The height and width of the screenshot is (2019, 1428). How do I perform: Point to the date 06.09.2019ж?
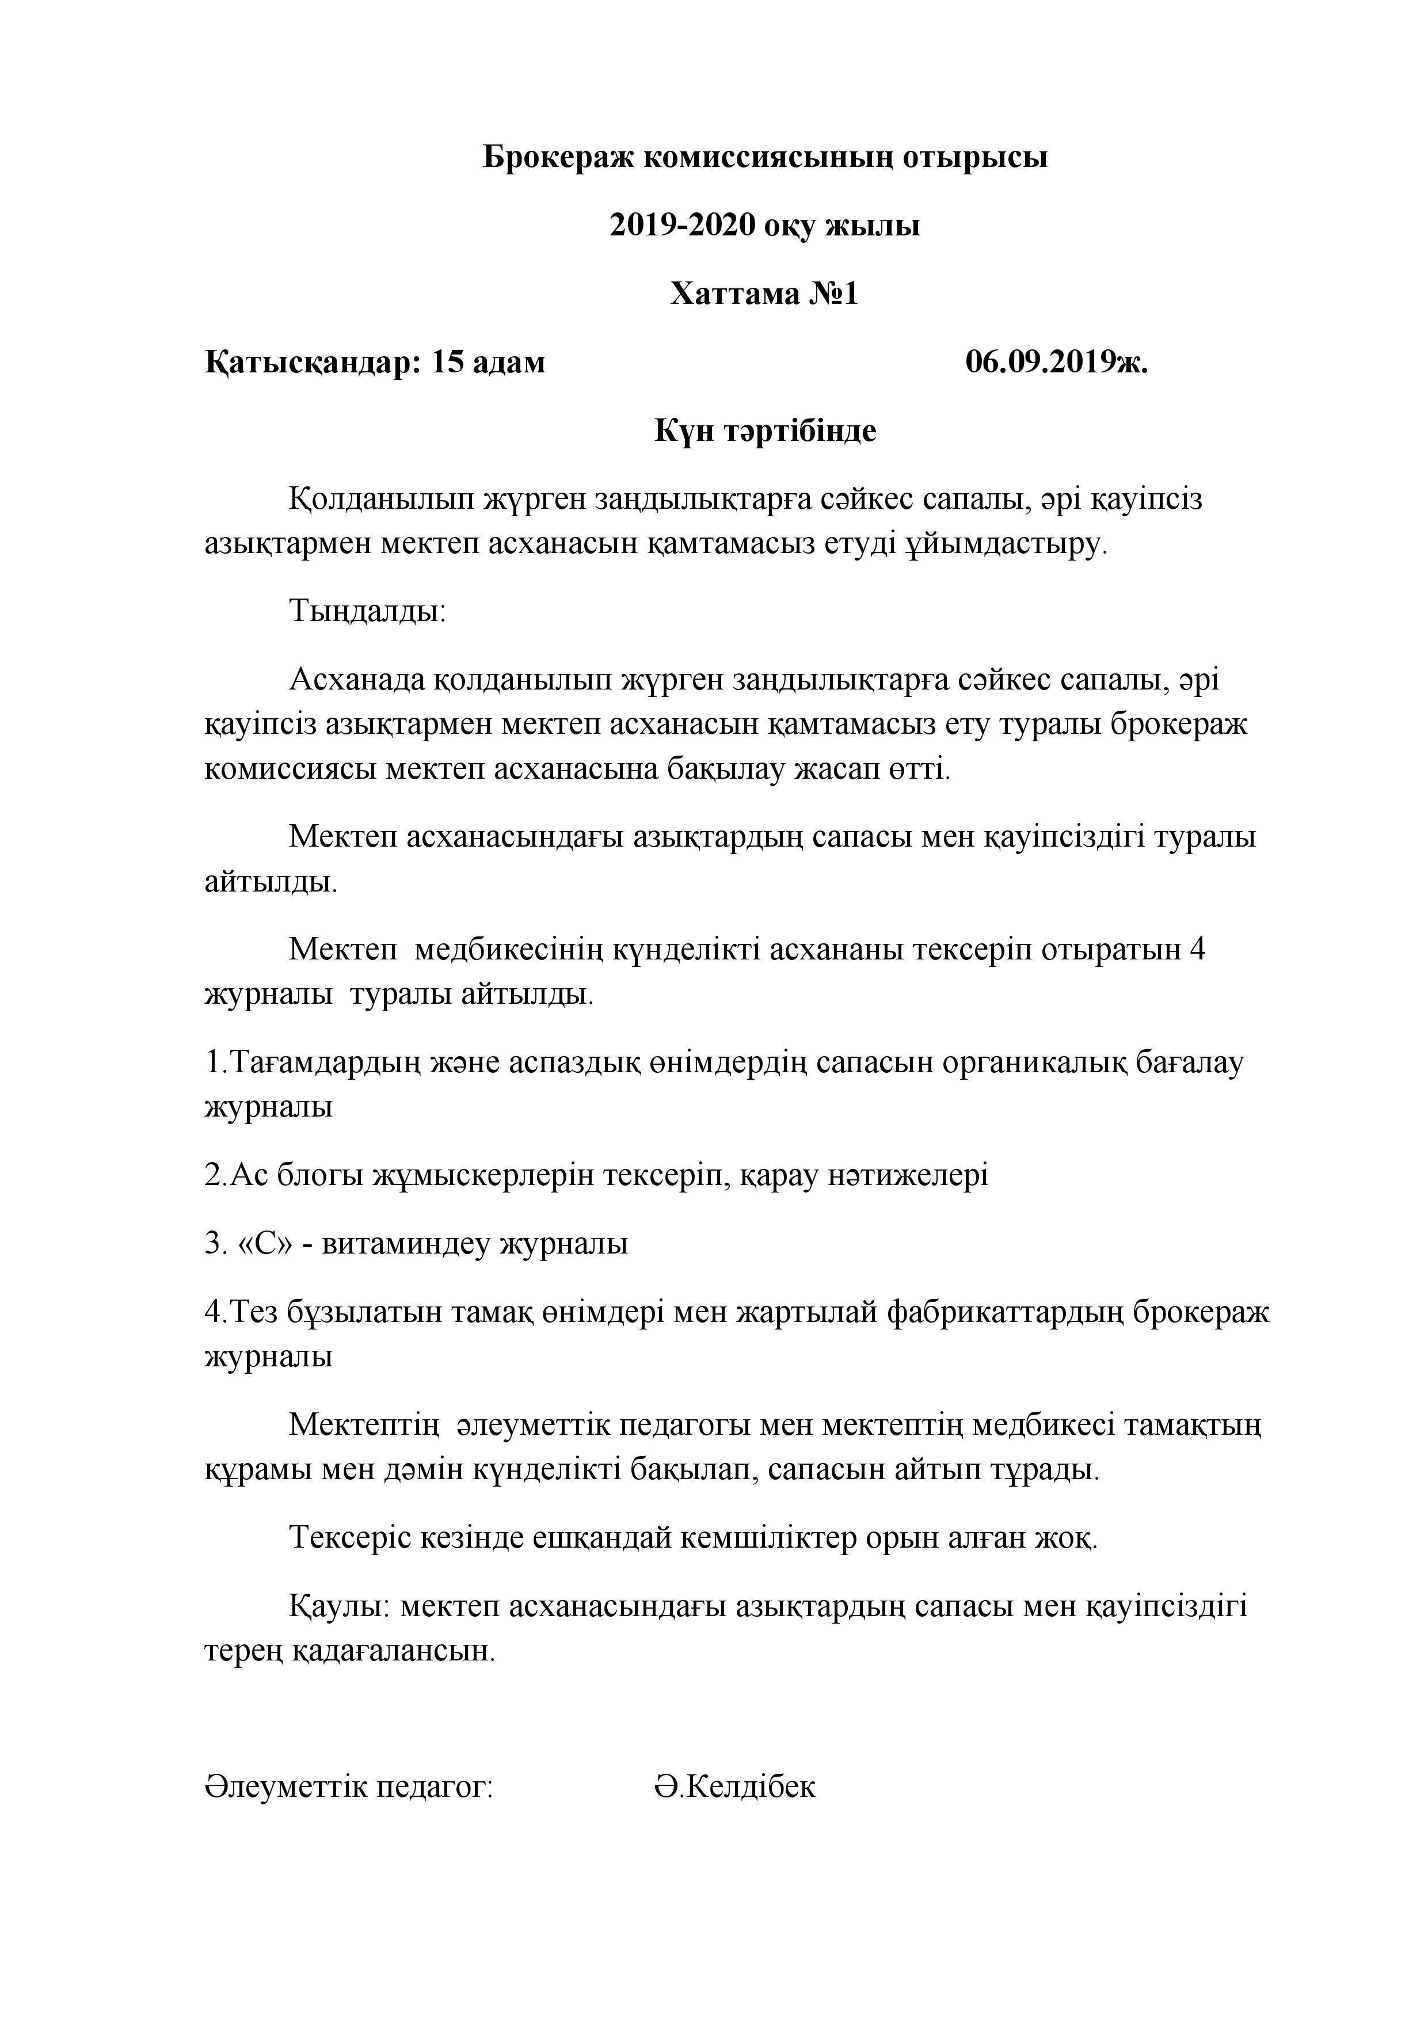coord(1056,361)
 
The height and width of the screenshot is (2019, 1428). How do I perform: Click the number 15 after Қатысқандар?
coord(448,361)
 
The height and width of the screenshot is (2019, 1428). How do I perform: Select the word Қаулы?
coord(340,1606)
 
